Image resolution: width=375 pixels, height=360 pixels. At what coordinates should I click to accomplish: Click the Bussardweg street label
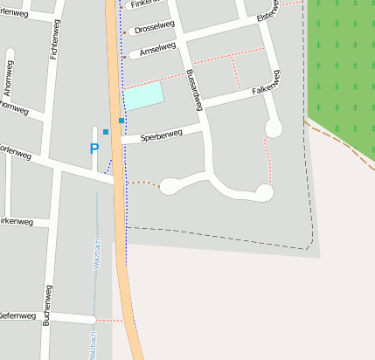pyautogui.click(x=195, y=90)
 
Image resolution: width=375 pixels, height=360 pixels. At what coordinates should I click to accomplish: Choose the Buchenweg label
pyautogui.click(x=46, y=305)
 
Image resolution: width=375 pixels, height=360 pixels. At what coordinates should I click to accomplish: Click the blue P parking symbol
pyautogui.click(x=94, y=149)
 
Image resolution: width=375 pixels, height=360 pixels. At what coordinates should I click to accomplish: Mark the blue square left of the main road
pyautogui.click(x=106, y=132)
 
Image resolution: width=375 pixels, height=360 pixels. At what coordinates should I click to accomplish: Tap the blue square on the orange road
pyautogui.click(x=121, y=120)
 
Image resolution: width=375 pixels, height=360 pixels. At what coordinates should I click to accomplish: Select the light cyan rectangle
pyautogui.click(x=143, y=96)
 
